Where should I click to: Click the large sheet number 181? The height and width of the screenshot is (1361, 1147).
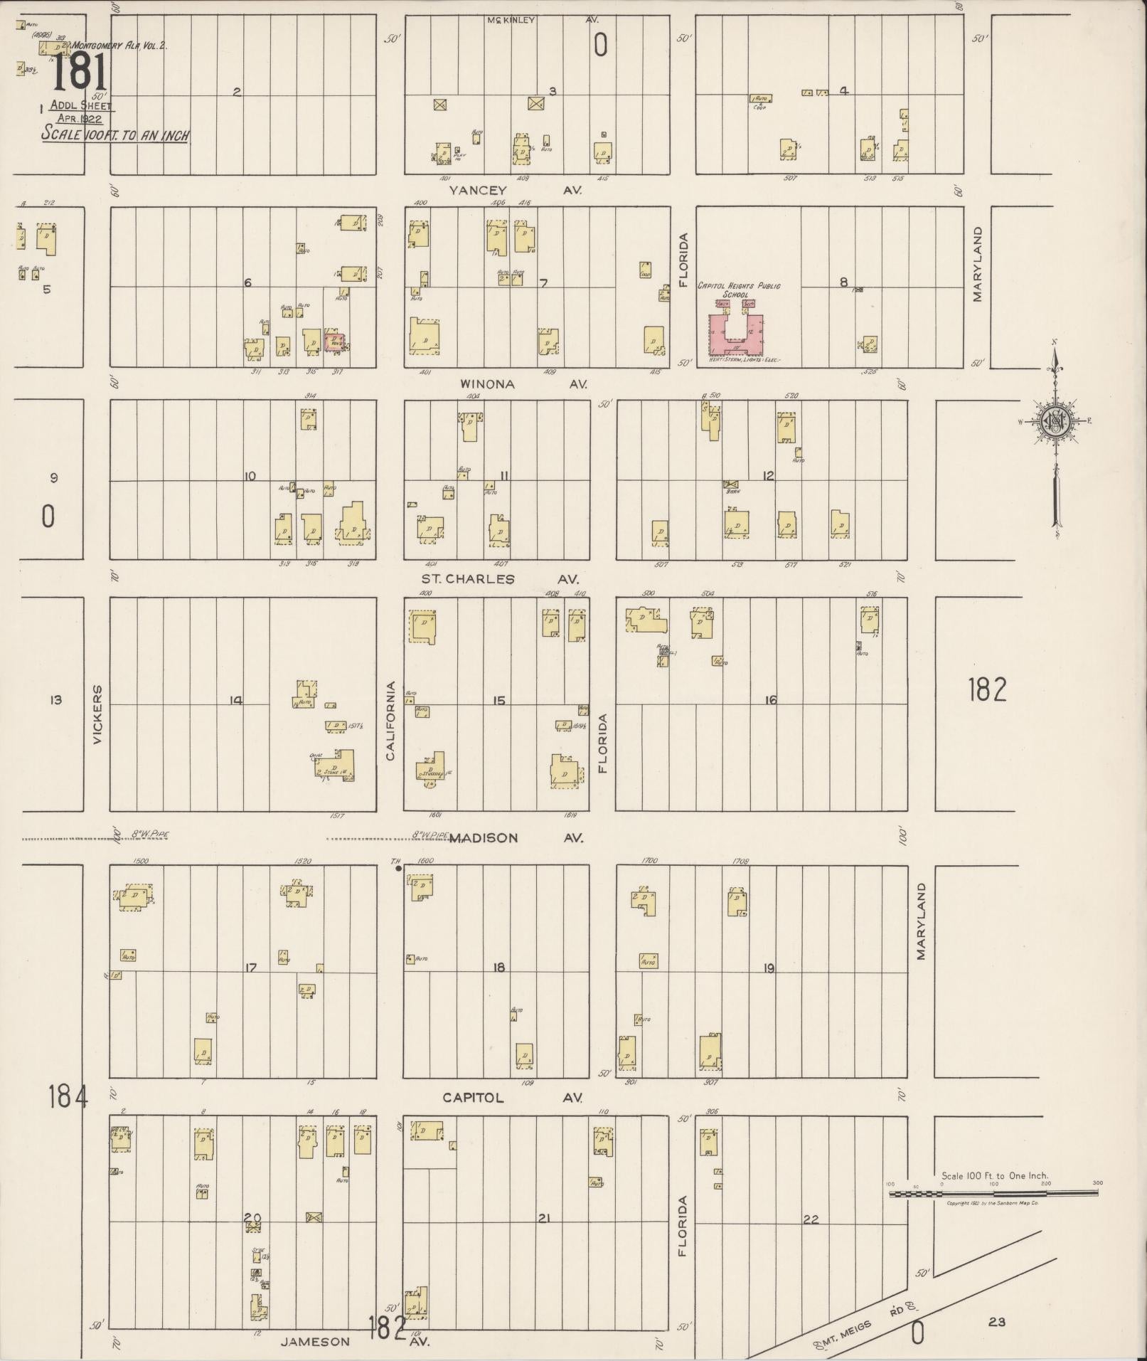tap(80, 73)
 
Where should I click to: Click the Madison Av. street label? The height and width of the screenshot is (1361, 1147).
tap(516, 837)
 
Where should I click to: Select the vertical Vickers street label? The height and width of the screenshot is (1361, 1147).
tap(97, 715)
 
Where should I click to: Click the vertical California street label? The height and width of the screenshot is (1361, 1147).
tap(390, 721)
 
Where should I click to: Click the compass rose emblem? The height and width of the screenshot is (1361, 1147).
tap(1056, 423)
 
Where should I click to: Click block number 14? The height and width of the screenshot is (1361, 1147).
tap(235, 701)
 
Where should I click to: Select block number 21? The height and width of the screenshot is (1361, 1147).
tap(543, 1218)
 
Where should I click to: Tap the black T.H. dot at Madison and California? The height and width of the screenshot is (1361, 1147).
tap(398, 868)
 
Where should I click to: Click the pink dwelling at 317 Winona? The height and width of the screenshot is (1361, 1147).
tap(335, 341)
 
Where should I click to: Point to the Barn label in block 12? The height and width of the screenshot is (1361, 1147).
tap(730, 491)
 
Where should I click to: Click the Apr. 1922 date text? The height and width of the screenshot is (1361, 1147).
tap(80, 119)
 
